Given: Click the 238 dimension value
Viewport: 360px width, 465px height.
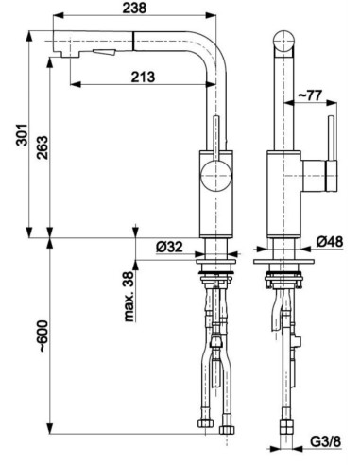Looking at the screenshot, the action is (x=134, y=8).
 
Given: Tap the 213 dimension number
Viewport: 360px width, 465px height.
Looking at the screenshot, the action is (x=143, y=77).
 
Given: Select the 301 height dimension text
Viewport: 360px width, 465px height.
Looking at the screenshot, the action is (x=22, y=135).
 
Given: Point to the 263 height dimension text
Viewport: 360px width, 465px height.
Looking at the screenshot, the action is (x=43, y=147).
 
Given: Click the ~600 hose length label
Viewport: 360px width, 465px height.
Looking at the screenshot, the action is (x=43, y=336).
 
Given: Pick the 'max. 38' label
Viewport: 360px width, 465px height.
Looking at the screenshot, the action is (x=129, y=297).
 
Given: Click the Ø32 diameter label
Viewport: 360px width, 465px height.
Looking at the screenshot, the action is (x=169, y=246).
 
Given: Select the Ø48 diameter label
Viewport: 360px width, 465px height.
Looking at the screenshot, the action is (x=330, y=242).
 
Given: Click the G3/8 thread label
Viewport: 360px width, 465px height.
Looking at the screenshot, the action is (x=326, y=441).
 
